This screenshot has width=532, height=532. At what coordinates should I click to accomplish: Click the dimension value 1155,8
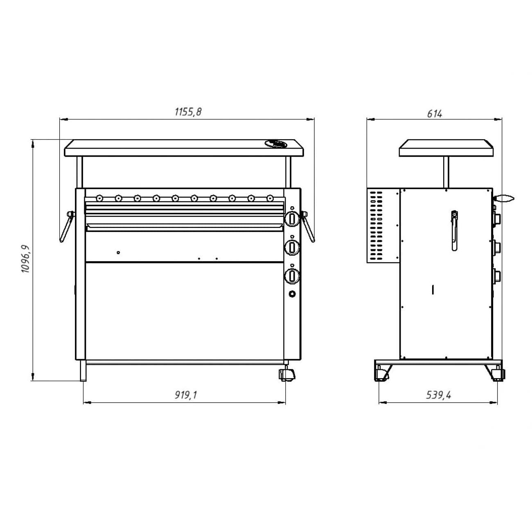coord(188,112)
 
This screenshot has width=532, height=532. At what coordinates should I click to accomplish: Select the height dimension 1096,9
coord(25,258)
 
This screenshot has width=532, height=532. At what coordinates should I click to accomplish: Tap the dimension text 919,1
coord(186,395)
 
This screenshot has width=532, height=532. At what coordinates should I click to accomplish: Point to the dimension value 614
coord(435,114)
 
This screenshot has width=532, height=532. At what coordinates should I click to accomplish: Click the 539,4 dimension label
coord(439,395)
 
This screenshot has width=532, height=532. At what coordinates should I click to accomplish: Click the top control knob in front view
coord(292,219)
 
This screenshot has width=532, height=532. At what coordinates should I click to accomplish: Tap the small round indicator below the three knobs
coord(292,294)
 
